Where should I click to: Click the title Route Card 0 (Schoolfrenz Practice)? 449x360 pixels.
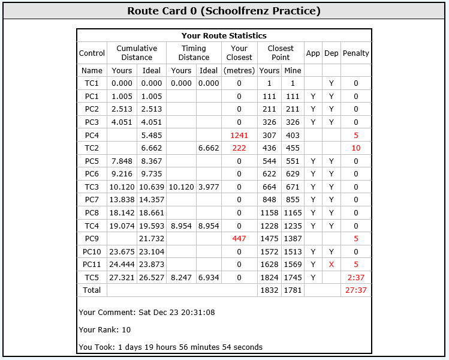pos(224,11)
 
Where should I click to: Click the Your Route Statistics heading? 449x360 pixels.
pos(224,36)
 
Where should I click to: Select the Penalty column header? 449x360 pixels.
pos(356,53)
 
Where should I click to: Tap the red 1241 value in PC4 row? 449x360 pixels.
pos(239,135)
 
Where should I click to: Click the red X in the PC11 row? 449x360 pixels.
pos(331,265)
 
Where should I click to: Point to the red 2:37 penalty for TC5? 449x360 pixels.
pos(356,278)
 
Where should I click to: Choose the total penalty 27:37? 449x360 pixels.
pos(356,290)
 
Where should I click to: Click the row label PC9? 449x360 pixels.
pos(92,239)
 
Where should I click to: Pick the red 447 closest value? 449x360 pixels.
pos(239,239)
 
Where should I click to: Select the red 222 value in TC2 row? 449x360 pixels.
pos(239,148)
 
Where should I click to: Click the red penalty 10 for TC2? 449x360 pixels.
pos(356,148)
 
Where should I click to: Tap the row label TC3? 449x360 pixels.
pos(92,187)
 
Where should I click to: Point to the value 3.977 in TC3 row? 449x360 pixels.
pos(209,187)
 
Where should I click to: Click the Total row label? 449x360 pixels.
pos(92,290)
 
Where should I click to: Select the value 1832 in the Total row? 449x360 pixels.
pos(269,290)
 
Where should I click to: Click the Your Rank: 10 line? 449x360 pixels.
pos(105,329)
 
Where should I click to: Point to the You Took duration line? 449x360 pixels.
pos(171,347)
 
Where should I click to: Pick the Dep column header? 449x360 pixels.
pos(331,53)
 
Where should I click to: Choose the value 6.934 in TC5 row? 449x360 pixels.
pos(209,278)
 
